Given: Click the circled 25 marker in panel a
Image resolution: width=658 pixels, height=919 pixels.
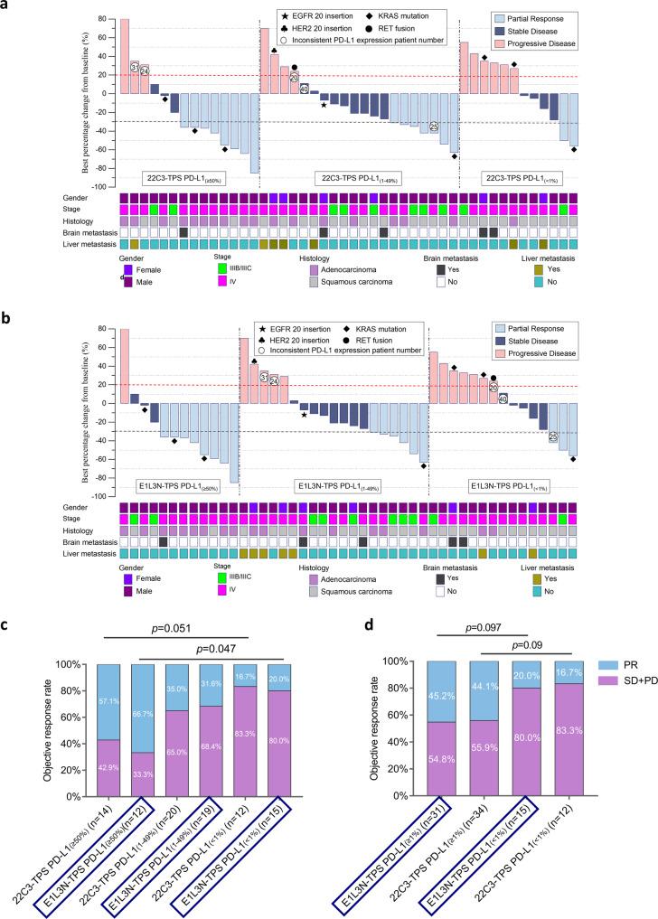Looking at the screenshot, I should pos(434,127).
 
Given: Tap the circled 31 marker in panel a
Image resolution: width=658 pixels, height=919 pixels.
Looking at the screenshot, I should pos(135,67).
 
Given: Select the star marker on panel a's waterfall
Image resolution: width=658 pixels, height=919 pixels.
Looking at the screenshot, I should pos(324,106).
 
